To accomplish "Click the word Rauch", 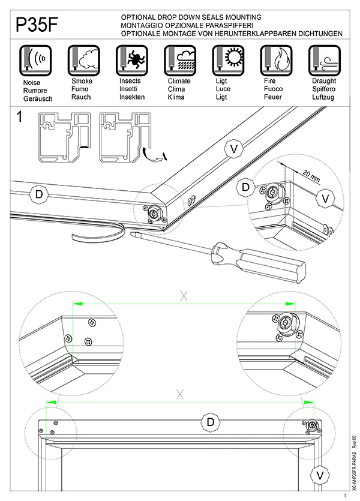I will pos(81,97).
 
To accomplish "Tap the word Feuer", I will pos(273,97).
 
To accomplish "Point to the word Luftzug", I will pos(324,97).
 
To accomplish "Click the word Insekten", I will pos(132,97).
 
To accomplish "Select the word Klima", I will pos(176,97).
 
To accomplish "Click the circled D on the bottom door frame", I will pos(211,422).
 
